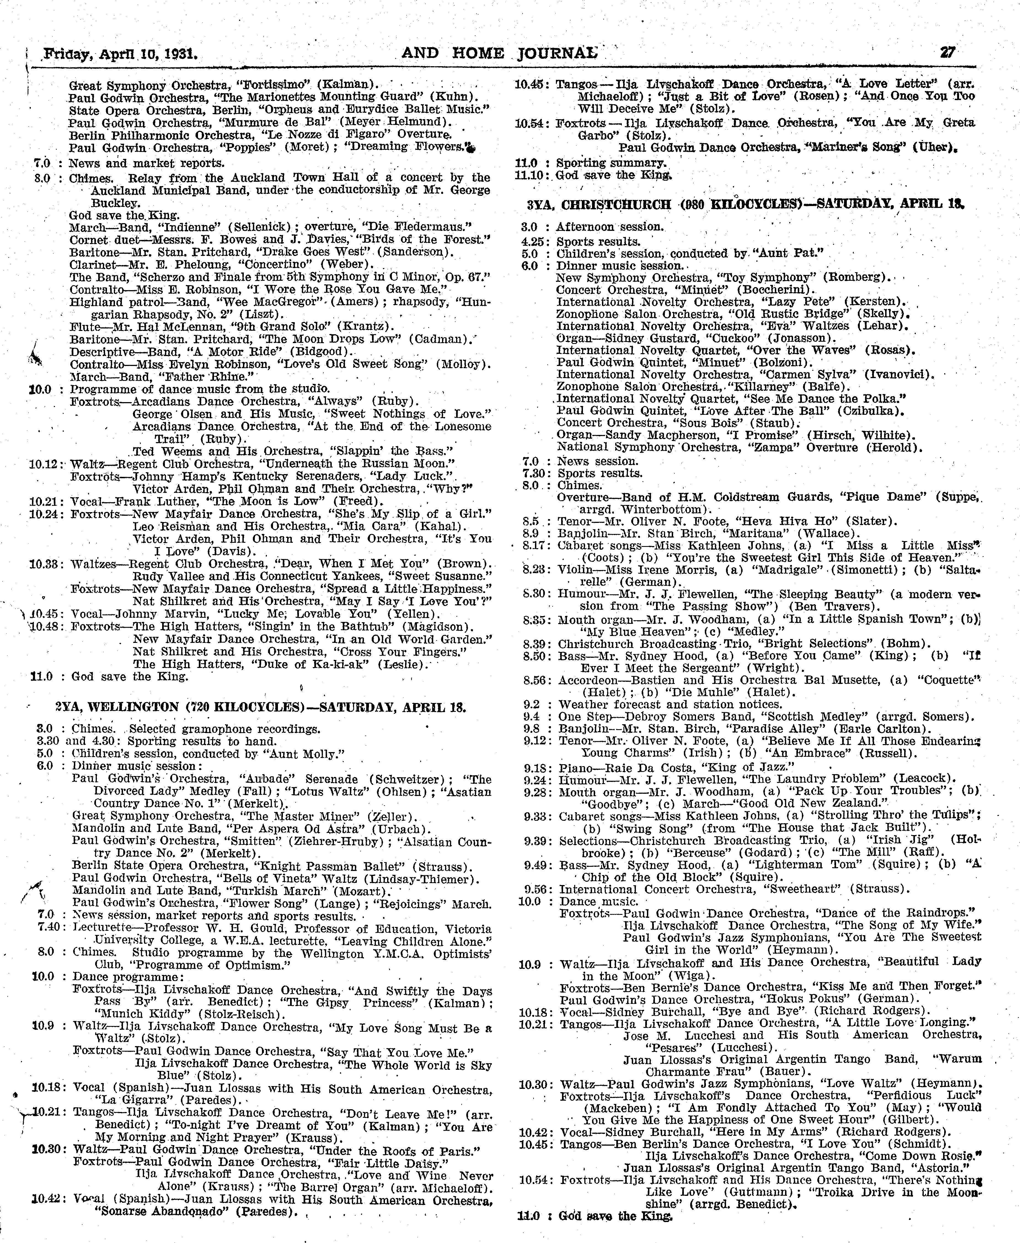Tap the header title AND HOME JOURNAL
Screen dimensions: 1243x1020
coord(499,54)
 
